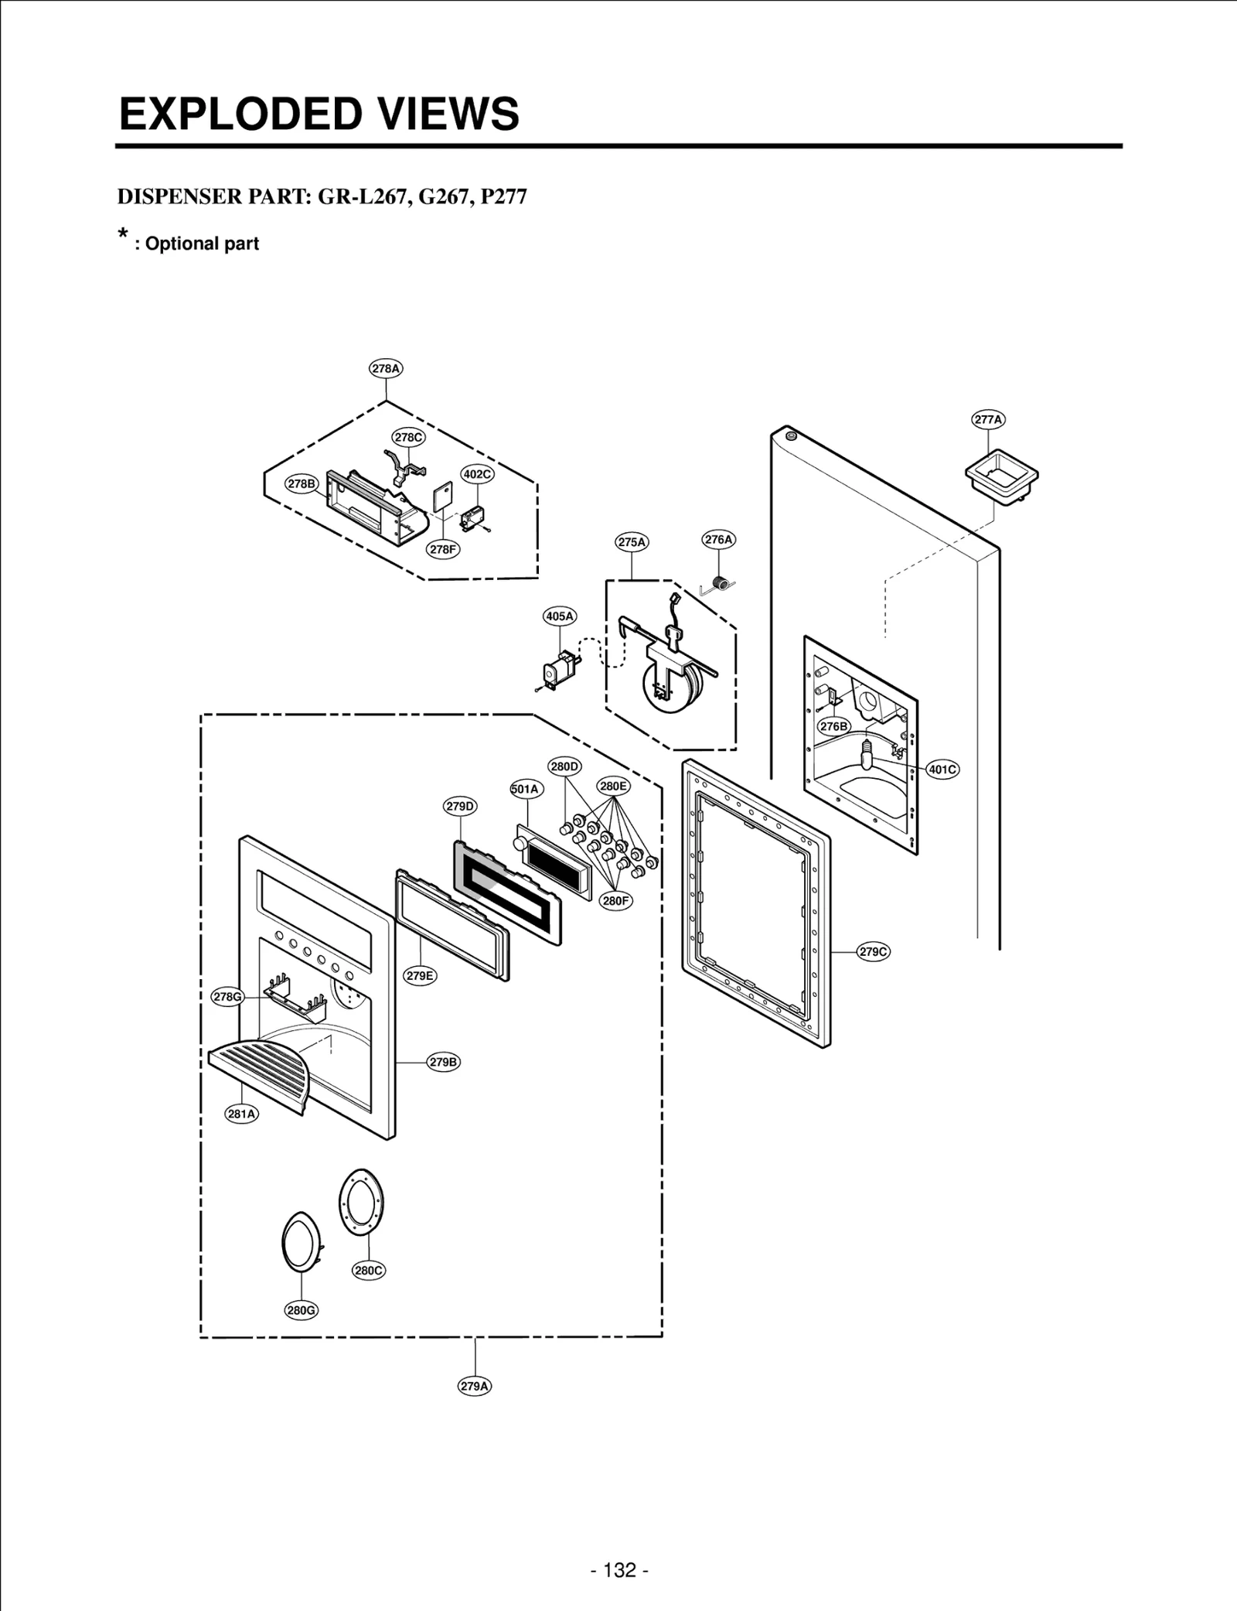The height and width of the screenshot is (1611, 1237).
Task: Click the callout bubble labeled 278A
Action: (386, 369)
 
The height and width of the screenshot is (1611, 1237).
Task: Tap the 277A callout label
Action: (988, 420)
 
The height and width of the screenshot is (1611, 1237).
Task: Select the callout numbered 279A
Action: (475, 1386)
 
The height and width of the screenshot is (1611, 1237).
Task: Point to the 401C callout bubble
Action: (942, 770)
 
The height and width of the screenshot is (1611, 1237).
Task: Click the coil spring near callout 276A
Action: (721, 585)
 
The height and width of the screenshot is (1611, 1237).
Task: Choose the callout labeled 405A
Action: (560, 616)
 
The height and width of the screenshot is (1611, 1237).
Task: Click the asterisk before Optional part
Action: (122, 235)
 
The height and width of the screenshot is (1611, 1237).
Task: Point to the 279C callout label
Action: (874, 951)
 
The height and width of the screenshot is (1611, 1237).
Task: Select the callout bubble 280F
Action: (616, 900)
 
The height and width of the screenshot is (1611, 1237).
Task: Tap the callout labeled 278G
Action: (227, 997)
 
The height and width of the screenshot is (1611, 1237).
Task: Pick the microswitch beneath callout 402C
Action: (471, 519)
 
